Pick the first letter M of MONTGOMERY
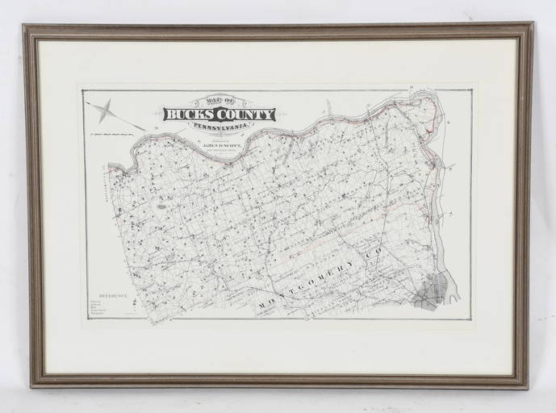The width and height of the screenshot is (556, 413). [263, 307]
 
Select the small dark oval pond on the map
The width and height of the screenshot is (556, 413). [161, 207]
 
